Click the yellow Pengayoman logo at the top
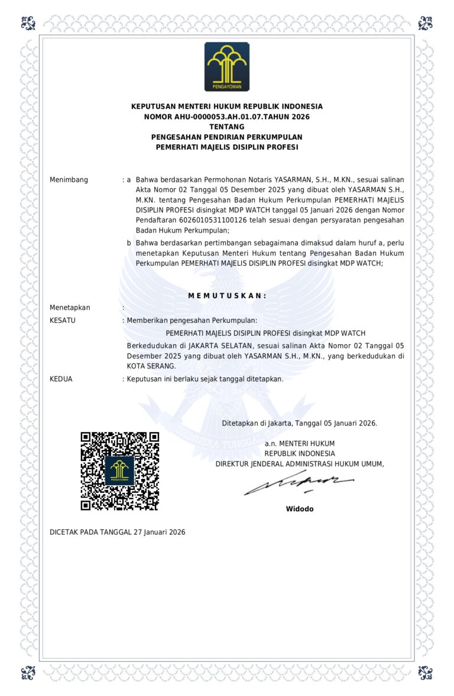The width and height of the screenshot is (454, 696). coord(227,67)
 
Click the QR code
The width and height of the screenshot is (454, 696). coord(120,471)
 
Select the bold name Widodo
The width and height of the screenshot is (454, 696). coord(300,509)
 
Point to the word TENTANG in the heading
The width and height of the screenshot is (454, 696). coord(227,127)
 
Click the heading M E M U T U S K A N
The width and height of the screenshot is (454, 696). coord(227,295)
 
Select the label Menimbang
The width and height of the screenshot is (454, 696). coord(69,179)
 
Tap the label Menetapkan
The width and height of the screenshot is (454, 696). coord(70,308)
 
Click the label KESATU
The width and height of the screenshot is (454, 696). coord(63,321)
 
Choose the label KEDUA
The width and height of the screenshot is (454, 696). coord(61,379)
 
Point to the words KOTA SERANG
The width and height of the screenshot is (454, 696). coord(151,367)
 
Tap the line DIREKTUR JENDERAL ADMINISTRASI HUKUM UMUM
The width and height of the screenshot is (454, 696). coord(300,464)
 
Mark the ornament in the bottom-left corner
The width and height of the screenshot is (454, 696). coord(28,672)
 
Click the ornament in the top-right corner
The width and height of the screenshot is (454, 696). coord(426,24)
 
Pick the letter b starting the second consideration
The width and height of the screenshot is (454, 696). coord(129,243)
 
